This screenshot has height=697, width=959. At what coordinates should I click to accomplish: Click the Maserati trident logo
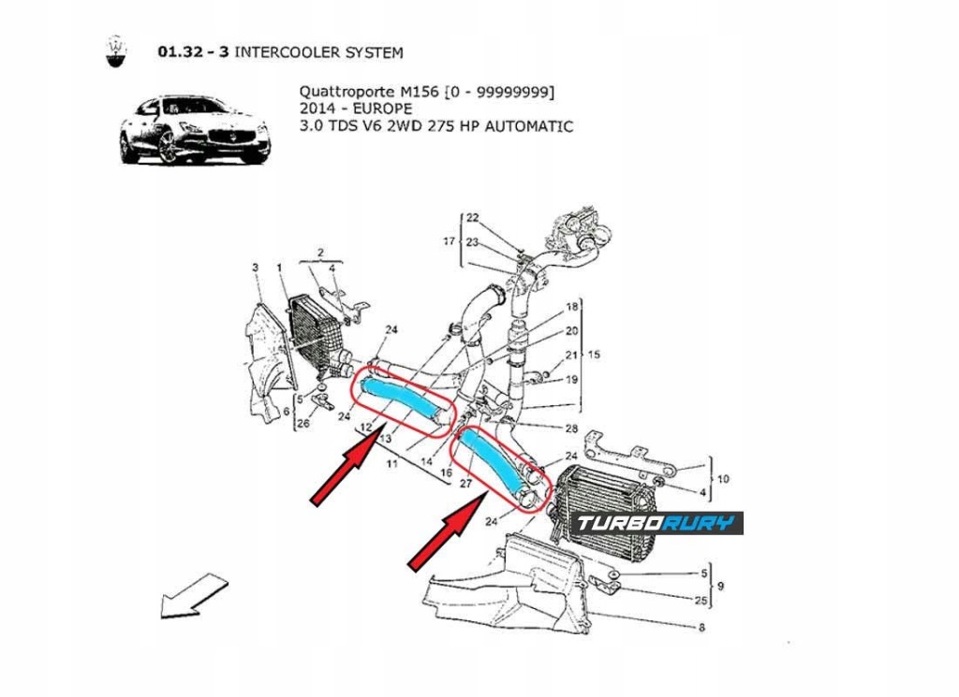pyautogui.click(x=114, y=52)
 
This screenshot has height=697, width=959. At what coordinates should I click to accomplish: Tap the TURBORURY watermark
pyautogui.click(x=657, y=523)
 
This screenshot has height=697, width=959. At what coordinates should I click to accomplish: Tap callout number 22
pyautogui.click(x=473, y=218)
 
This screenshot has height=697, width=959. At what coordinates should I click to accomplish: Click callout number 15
pyautogui.click(x=593, y=355)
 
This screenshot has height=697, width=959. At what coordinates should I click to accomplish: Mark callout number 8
pyautogui.click(x=701, y=628)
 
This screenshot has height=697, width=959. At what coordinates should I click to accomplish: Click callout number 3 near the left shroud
pyautogui.click(x=255, y=269)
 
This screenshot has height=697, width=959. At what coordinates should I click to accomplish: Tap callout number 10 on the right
pyautogui.click(x=722, y=478)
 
